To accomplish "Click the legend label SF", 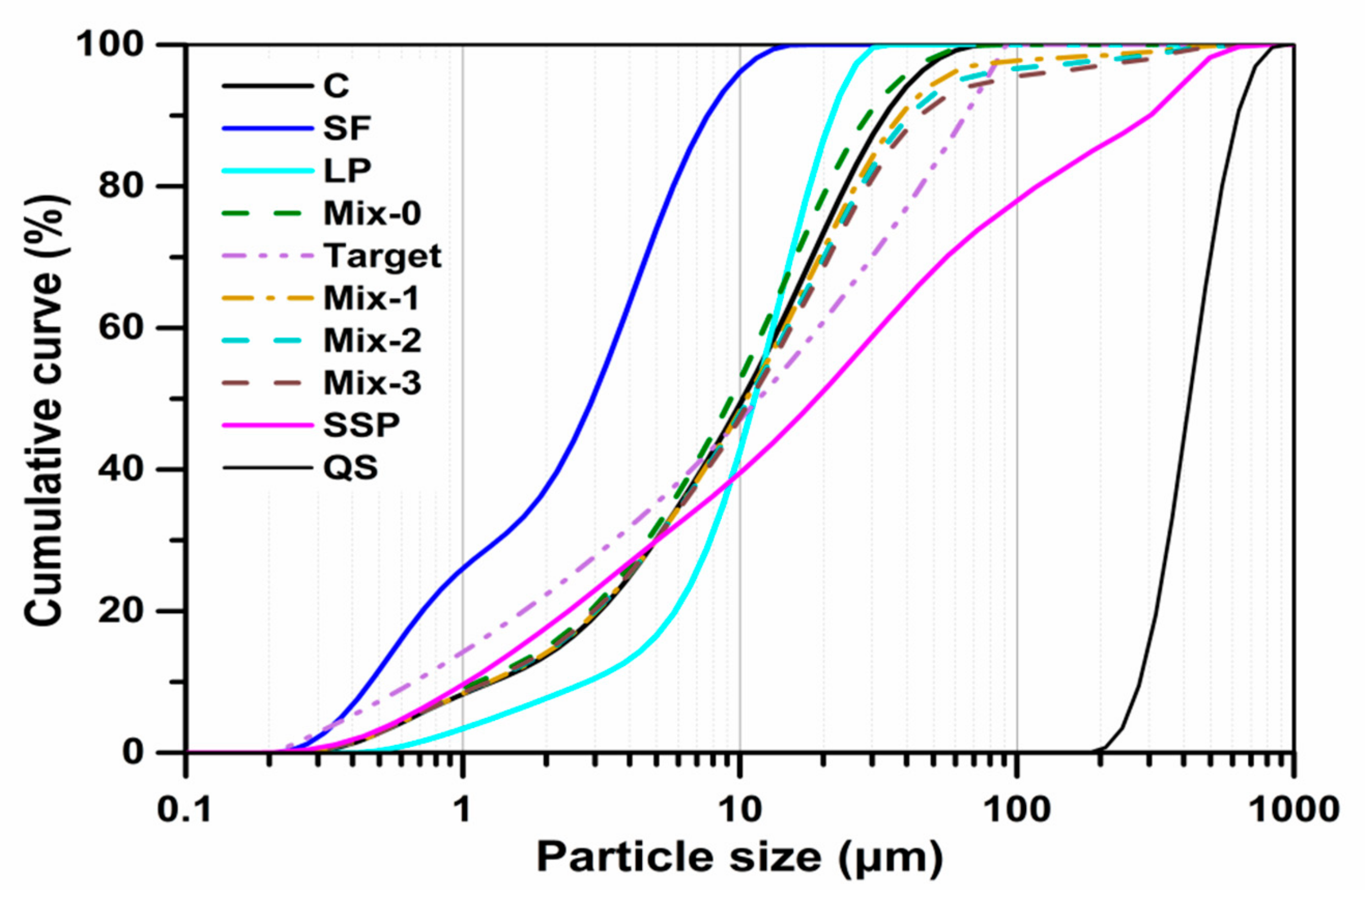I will (347, 128).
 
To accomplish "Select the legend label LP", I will (347, 171).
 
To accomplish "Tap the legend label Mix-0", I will (372, 213).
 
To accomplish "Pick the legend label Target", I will (383, 255).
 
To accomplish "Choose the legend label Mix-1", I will (372, 298).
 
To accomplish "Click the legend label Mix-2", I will (372, 341).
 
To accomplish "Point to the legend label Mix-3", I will (372, 383).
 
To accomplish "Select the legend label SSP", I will (361, 426).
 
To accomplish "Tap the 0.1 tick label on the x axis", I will (185, 811).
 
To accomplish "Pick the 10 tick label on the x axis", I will (740, 811).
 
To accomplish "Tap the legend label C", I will (336, 86).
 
